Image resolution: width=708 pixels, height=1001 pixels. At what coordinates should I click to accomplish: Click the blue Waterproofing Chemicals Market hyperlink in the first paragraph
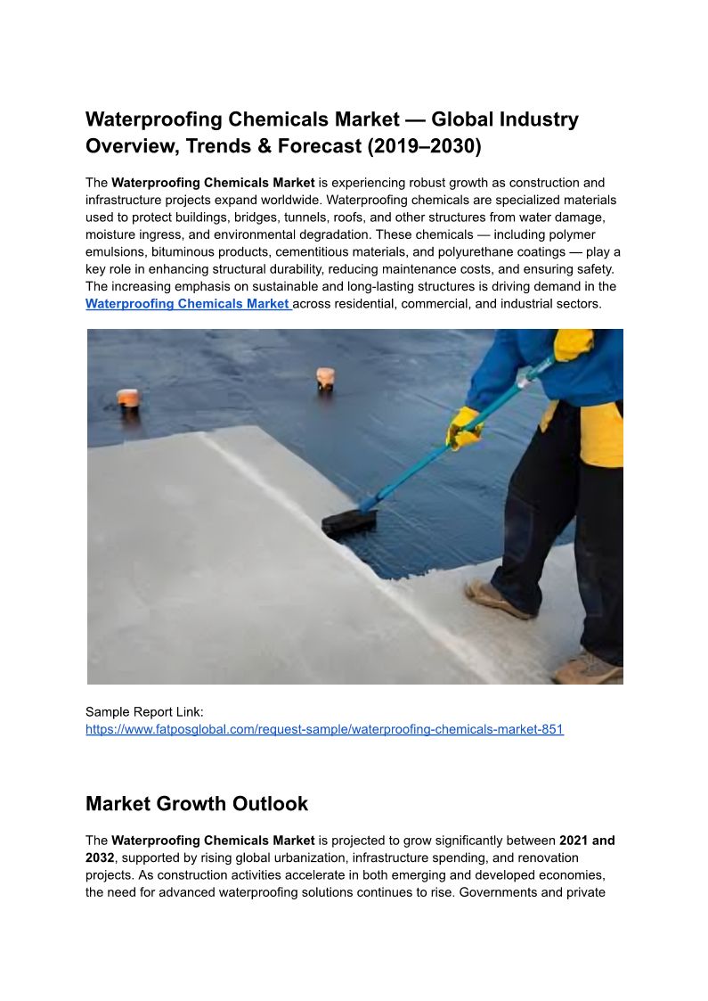coord(188,304)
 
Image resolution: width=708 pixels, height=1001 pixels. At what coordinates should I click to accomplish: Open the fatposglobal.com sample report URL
coord(324,729)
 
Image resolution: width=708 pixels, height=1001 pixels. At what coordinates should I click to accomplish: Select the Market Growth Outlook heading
coord(197,804)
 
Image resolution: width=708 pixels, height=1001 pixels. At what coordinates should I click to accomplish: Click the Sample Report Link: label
coord(144,711)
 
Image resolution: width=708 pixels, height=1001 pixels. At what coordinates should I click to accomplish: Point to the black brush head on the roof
coord(349,521)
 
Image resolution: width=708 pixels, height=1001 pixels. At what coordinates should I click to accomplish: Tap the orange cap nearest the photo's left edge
coord(128,398)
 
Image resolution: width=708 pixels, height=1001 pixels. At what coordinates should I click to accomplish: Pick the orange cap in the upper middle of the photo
coord(325,378)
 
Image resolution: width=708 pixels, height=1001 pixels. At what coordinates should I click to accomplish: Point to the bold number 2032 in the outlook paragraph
coord(100,857)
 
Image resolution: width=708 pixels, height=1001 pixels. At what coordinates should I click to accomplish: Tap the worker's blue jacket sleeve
coord(508,365)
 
